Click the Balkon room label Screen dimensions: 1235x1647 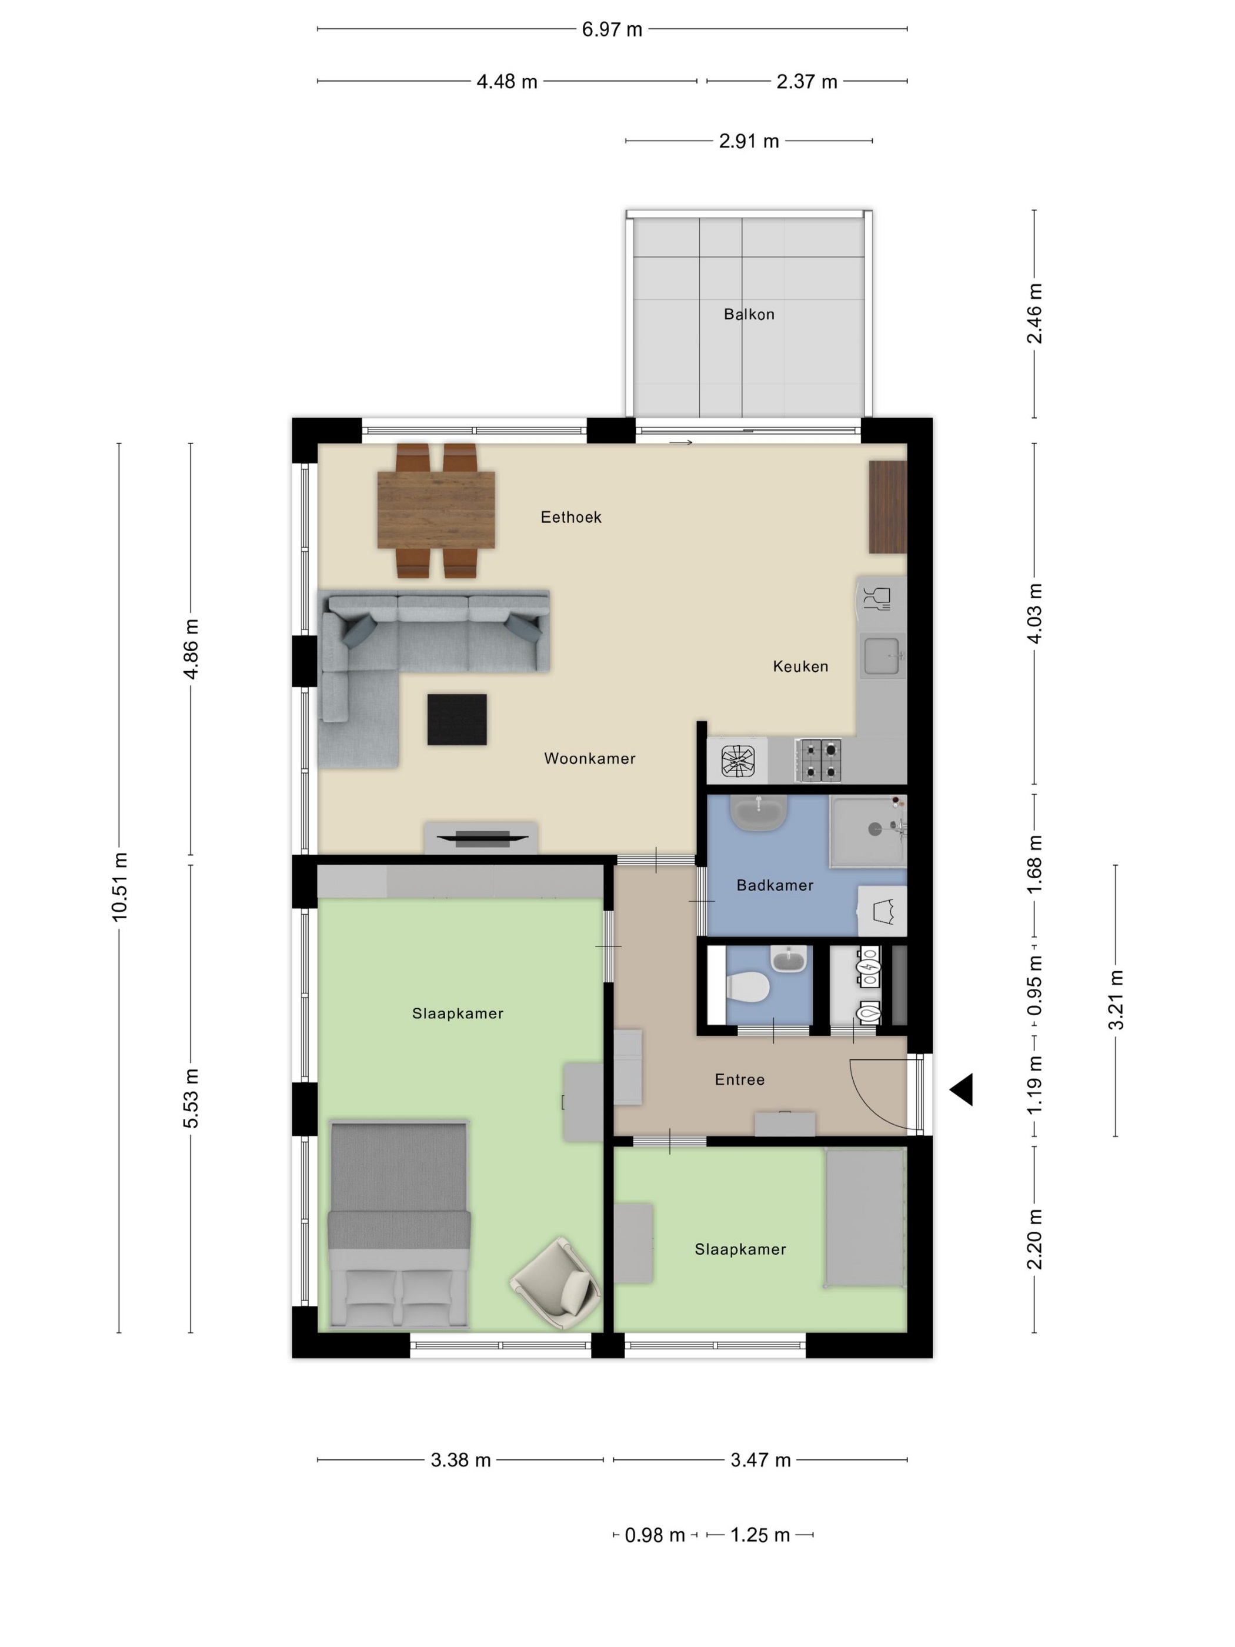click(x=749, y=314)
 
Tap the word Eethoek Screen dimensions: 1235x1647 click(x=571, y=516)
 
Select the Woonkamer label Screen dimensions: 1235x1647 click(x=590, y=759)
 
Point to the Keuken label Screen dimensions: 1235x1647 click(x=800, y=666)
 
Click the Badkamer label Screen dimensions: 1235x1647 click(x=775, y=885)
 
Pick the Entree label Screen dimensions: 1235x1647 click(x=739, y=1079)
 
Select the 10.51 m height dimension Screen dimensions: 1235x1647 click(x=120, y=887)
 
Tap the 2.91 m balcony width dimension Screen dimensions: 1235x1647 click(x=749, y=141)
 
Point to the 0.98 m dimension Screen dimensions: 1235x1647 click(x=655, y=1535)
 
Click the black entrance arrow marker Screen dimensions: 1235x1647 click(x=961, y=1090)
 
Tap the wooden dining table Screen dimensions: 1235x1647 click(x=436, y=510)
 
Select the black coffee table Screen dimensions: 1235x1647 click(x=457, y=719)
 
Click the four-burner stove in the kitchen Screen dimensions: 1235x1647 click(x=818, y=760)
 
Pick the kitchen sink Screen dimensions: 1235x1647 click(x=882, y=656)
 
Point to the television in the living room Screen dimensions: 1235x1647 click(x=482, y=838)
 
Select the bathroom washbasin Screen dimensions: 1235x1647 click(x=759, y=813)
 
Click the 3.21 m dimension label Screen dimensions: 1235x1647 click(x=1115, y=1000)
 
